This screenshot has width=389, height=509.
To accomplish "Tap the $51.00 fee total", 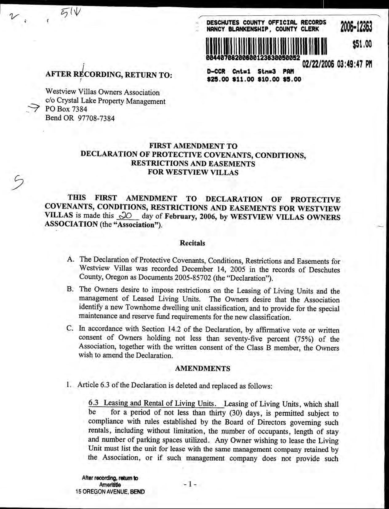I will point(362,45).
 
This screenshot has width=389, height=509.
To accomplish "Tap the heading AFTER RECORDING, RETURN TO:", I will point(109,75).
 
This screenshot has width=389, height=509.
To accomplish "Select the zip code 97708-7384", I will point(97,118).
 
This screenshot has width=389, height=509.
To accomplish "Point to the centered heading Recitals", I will point(192,243).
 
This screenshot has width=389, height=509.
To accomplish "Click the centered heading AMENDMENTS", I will point(202,369).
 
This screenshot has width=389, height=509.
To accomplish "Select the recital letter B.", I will point(70,289).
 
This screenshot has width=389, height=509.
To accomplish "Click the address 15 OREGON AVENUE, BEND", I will point(110,492).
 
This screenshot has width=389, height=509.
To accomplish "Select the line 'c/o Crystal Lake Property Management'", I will point(105,101).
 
